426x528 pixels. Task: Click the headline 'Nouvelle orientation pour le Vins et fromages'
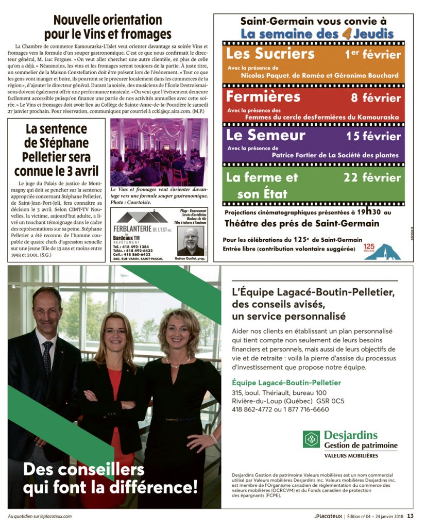[107, 27]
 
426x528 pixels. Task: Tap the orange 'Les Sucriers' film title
[270, 54]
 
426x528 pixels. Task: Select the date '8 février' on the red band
[376, 97]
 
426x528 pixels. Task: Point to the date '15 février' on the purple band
[373, 136]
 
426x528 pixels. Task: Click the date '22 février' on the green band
[372, 177]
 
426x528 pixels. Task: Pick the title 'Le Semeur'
[266, 135]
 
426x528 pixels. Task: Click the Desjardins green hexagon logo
[311, 439]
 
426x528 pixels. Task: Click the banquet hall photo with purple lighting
[159, 152]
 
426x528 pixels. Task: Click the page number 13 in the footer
[410, 516]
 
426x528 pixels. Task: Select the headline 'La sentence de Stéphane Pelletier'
[56, 150]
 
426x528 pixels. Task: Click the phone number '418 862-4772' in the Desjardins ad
[253, 409]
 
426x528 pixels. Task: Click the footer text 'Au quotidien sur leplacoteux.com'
[40, 516]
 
